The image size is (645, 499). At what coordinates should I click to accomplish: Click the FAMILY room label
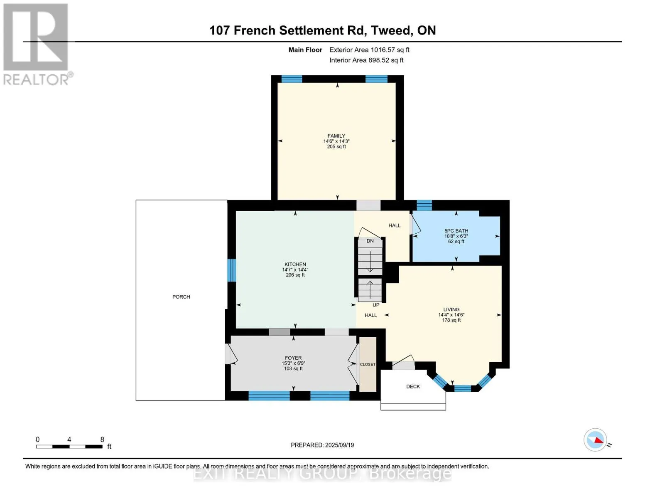tap(336, 136)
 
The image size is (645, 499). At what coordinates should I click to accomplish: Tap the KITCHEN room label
tap(295, 264)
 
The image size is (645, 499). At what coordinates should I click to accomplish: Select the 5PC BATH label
tap(456, 231)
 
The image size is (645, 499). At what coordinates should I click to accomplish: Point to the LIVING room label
tap(451, 309)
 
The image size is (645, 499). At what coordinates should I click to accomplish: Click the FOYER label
tap(293, 358)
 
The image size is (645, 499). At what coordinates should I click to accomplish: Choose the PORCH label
tap(181, 297)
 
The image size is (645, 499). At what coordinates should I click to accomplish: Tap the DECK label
tap(413, 387)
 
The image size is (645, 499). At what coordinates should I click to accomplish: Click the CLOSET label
tap(368, 365)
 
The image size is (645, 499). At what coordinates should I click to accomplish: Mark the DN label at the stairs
tap(370, 241)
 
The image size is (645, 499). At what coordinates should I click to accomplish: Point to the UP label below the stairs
tap(376, 305)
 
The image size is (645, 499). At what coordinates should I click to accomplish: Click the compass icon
tap(595, 440)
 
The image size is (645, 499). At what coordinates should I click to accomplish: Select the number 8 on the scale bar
tap(102, 440)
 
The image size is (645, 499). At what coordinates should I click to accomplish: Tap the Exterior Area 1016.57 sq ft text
tap(369, 50)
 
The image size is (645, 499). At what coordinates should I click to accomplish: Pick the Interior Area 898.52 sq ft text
tap(366, 60)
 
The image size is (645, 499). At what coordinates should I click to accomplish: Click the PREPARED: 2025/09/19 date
tap(322, 445)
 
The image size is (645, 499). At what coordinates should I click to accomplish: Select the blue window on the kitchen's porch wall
tap(232, 270)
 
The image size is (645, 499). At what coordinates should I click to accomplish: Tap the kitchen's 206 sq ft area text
tap(295, 275)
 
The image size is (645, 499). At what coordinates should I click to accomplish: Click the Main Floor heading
tap(305, 50)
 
